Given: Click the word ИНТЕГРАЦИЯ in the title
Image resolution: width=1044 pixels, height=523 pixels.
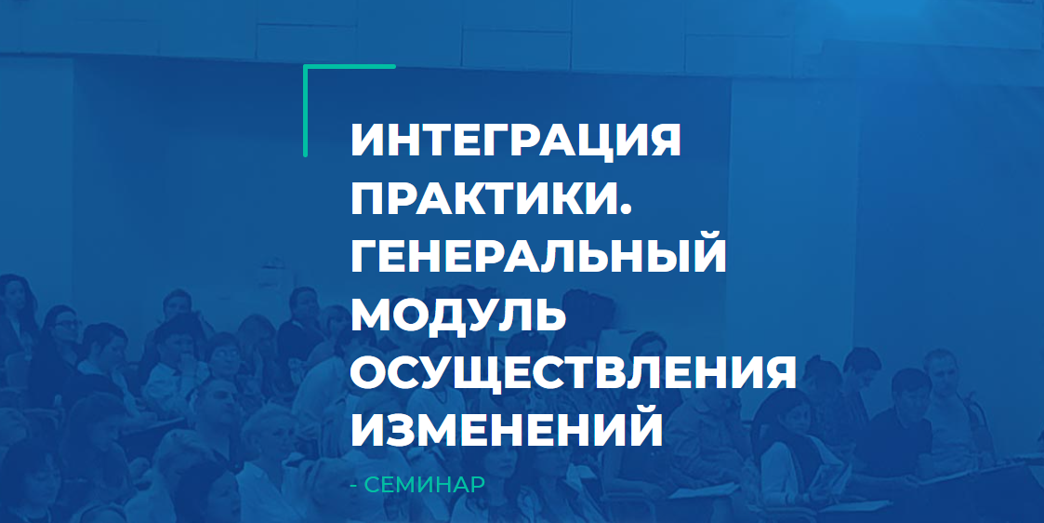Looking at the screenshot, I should click(516, 141).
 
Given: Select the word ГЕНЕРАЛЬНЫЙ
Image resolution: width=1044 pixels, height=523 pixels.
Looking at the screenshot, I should click(538, 255).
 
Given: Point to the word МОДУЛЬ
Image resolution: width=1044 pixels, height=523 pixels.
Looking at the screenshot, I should click(459, 314).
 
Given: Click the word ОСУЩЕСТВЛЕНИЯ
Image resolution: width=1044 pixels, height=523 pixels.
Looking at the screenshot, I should click(574, 372).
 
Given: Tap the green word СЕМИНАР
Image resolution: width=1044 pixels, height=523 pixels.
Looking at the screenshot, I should click(426, 486).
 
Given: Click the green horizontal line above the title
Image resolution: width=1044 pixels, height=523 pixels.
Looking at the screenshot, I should click(350, 67).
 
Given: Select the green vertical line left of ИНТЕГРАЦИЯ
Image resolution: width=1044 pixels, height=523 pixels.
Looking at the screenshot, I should click(306, 111).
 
